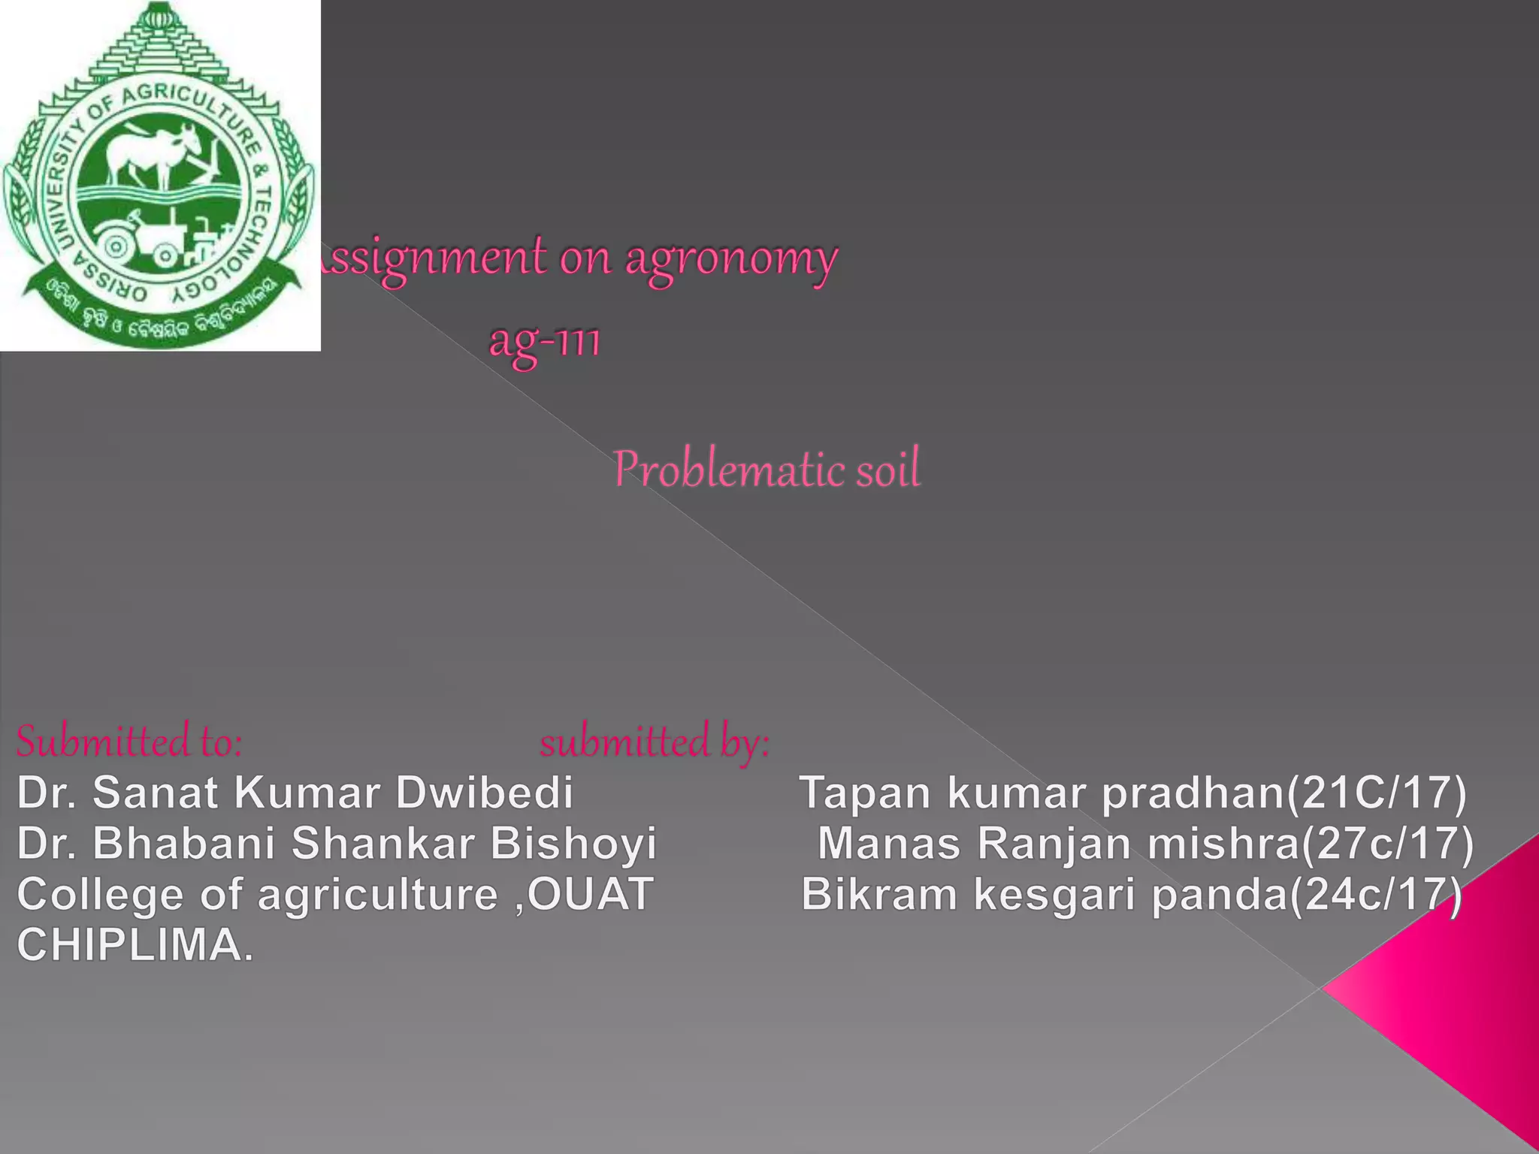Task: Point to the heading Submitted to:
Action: pos(129,742)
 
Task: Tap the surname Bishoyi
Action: pos(573,843)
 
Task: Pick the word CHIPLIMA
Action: pos(135,945)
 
